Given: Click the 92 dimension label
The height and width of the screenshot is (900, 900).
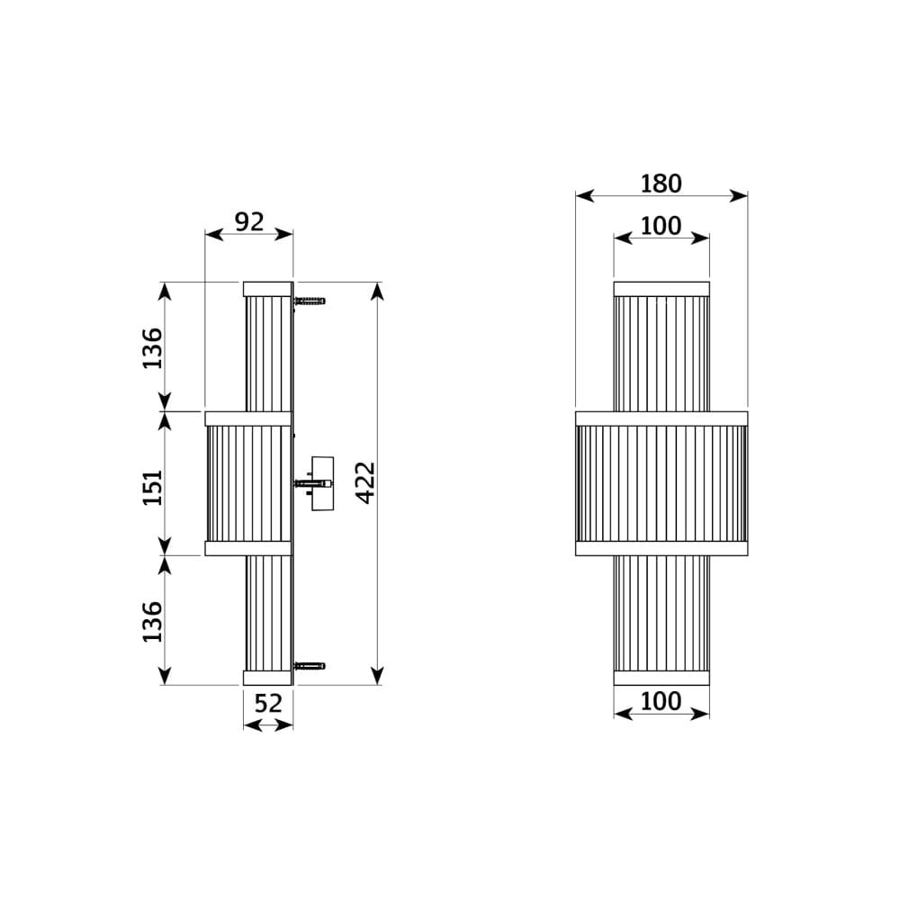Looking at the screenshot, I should pyautogui.click(x=249, y=221).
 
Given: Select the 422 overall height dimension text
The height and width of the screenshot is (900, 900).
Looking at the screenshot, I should pyautogui.click(x=365, y=482).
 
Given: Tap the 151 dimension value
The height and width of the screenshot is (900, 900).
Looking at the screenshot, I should pyautogui.click(x=153, y=486).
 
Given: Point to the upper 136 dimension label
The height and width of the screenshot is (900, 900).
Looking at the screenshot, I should pyautogui.click(x=153, y=347).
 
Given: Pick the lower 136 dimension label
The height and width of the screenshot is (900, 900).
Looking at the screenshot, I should pyautogui.click(x=153, y=621).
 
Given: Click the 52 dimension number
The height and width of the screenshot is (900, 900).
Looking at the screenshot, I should pyautogui.click(x=268, y=704).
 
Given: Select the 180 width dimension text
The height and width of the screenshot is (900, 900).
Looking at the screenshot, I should pyautogui.click(x=661, y=184).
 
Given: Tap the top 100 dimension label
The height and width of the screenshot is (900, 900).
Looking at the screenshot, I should pyautogui.click(x=661, y=226).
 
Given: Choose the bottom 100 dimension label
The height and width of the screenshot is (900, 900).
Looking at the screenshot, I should pyautogui.click(x=661, y=701).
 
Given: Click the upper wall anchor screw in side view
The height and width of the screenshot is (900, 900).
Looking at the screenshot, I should pyautogui.click(x=310, y=301).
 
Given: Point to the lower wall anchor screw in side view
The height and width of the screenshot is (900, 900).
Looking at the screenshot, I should pyautogui.click(x=310, y=667).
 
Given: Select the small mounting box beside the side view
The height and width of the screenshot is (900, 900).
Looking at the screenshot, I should pyautogui.click(x=322, y=483).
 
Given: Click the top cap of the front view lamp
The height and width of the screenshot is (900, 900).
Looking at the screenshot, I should pyautogui.click(x=661, y=289).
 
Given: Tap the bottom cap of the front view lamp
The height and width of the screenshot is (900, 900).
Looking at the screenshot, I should pyautogui.click(x=661, y=678).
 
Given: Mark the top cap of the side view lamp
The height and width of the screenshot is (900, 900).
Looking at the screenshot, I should pyautogui.click(x=267, y=289).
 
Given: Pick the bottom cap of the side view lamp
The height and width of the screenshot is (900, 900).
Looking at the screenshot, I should pyautogui.click(x=267, y=678).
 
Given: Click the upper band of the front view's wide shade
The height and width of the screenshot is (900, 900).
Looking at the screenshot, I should pyautogui.click(x=661, y=418).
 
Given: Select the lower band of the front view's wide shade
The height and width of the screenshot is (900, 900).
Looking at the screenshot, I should pyautogui.click(x=661, y=548).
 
